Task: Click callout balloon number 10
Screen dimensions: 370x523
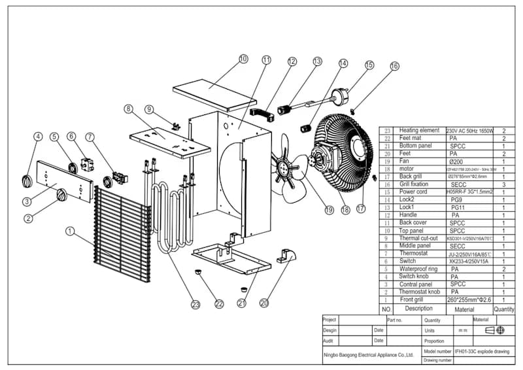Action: click(x=244, y=59)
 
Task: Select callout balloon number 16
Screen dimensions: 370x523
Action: click(x=394, y=66)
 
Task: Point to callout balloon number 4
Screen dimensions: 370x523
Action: click(x=39, y=137)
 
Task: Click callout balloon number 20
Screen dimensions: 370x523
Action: click(x=264, y=303)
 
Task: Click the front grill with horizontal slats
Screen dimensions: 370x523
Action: click(x=121, y=234)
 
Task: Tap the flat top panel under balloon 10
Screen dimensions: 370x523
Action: click(x=214, y=94)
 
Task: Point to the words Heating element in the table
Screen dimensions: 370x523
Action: click(x=418, y=131)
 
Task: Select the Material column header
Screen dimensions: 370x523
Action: click(x=464, y=309)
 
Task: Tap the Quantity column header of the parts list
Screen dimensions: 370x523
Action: click(x=504, y=309)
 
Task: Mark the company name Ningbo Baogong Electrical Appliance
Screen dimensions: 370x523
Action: click(x=369, y=355)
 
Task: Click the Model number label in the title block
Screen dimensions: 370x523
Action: click(x=438, y=351)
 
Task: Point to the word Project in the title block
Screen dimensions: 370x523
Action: click(x=330, y=320)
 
